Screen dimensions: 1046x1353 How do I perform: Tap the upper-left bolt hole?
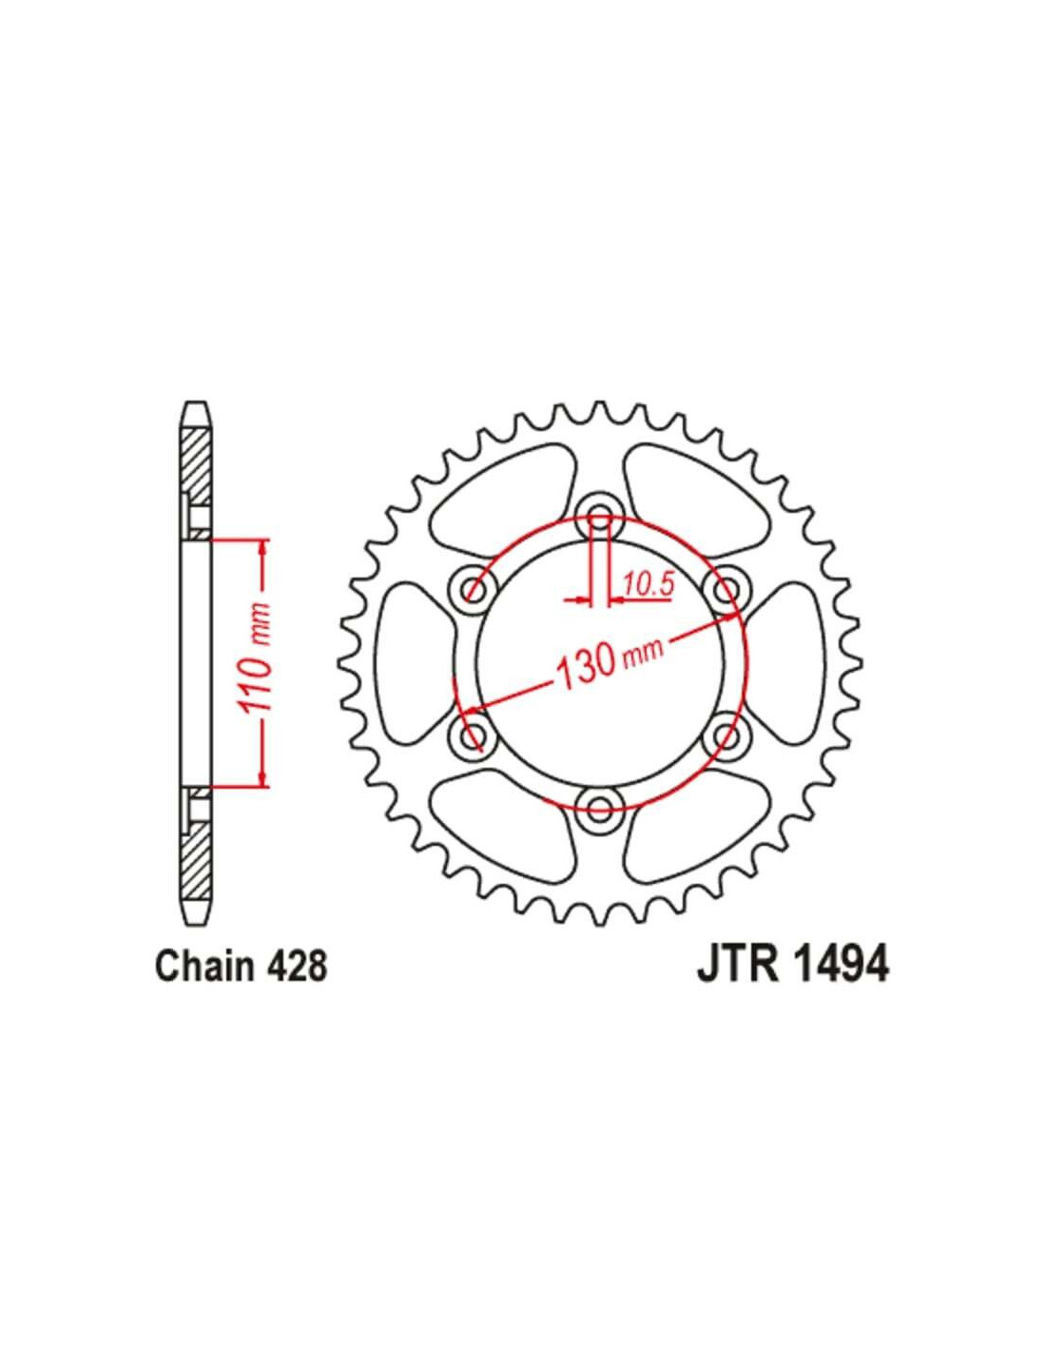tap(474, 589)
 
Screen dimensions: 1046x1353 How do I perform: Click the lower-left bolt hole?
tap(474, 735)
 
